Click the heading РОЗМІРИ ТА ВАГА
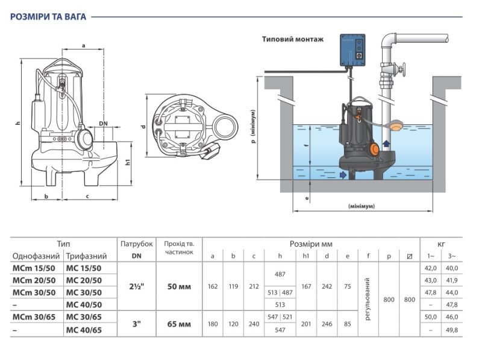pos(48,17)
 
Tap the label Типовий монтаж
pos(293,39)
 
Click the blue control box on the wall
pos(352,50)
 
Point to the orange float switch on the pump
pos(374,148)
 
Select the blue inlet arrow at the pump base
pos(343,175)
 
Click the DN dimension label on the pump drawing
pos(103,124)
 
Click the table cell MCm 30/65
pos(34,317)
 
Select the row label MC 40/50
pos(84,305)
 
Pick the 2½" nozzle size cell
pos(137,286)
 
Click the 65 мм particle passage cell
pos(179,324)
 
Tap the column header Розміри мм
pos(311,244)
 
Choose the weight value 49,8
pos(451,330)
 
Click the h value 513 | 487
pos(280,292)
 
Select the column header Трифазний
pos(86,256)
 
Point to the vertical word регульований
pos(368,299)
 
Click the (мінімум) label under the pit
pos(361,206)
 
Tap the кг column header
pos(441,244)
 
